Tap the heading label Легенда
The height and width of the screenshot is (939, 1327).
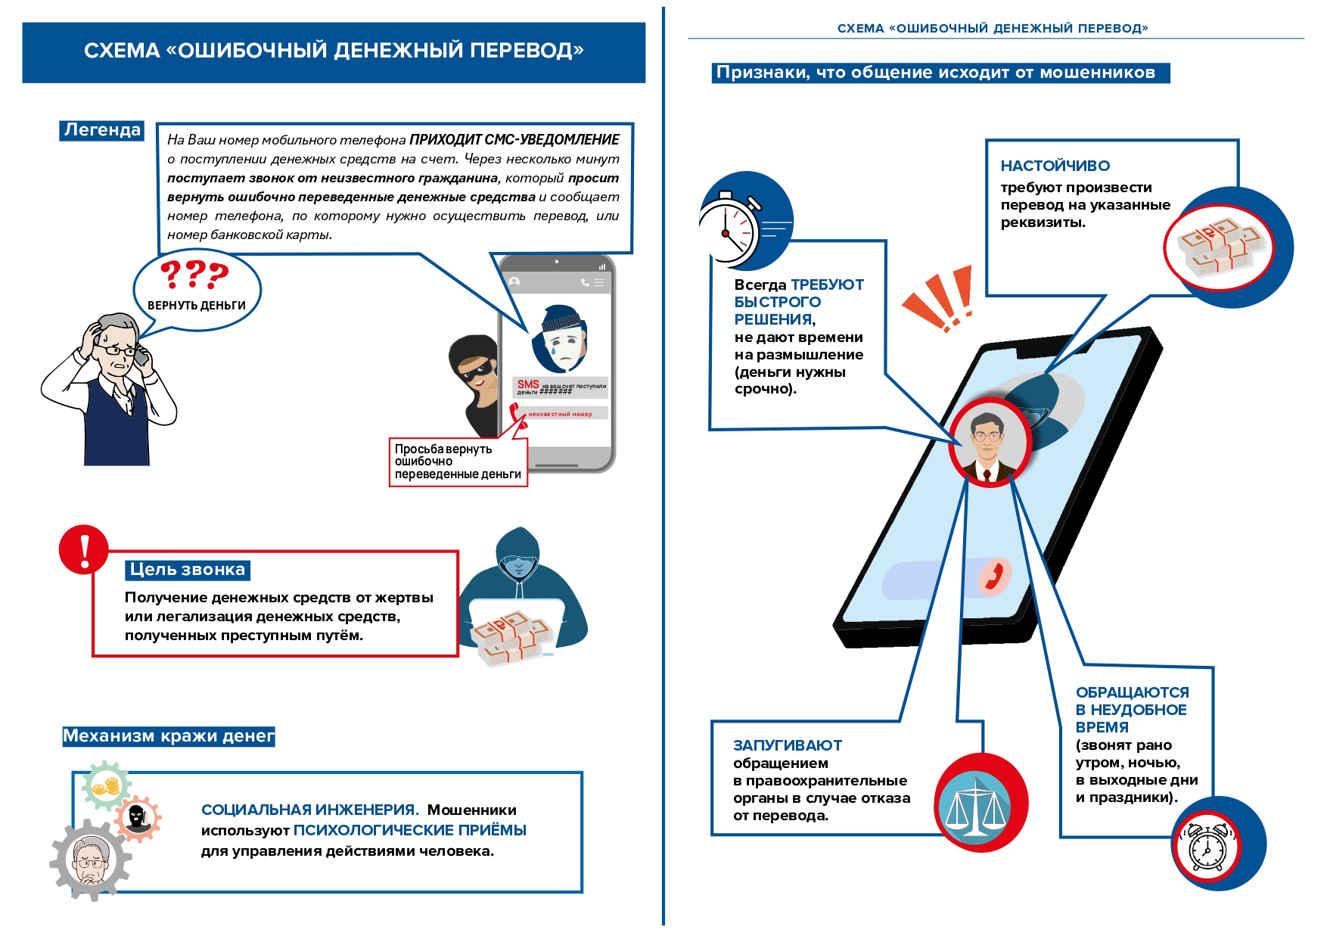[102, 130]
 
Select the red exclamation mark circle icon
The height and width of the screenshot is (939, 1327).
[84, 550]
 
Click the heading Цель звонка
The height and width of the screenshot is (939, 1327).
[187, 570]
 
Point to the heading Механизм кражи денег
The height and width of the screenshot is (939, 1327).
[168, 736]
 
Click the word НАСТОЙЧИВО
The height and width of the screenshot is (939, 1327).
[1055, 166]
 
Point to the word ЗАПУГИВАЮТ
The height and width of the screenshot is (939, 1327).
[787, 745]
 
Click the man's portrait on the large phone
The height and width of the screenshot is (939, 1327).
[988, 443]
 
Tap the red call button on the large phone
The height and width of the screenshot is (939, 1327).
[993, 577]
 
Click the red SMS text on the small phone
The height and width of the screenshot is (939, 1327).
[527, 384]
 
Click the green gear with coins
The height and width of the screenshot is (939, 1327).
[106, 787]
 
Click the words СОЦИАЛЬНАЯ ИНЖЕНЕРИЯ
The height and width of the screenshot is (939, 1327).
[309, 810]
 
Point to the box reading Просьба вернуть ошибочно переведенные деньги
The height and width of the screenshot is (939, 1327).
[458, 462]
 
